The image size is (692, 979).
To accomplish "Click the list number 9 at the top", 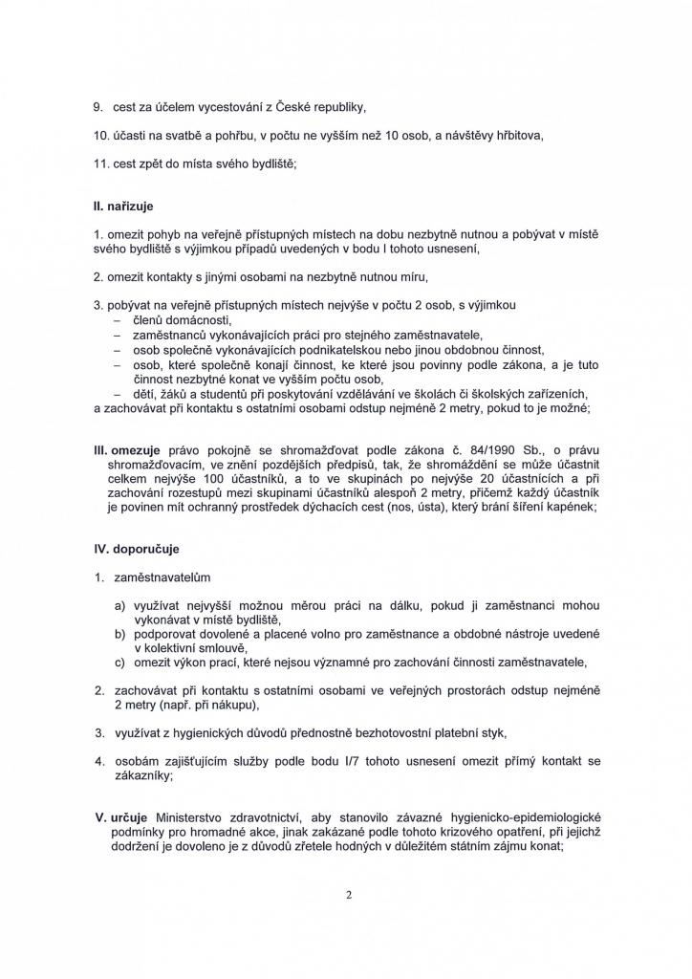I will point(97,106).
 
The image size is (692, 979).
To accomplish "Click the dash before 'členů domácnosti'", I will point(117,320).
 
